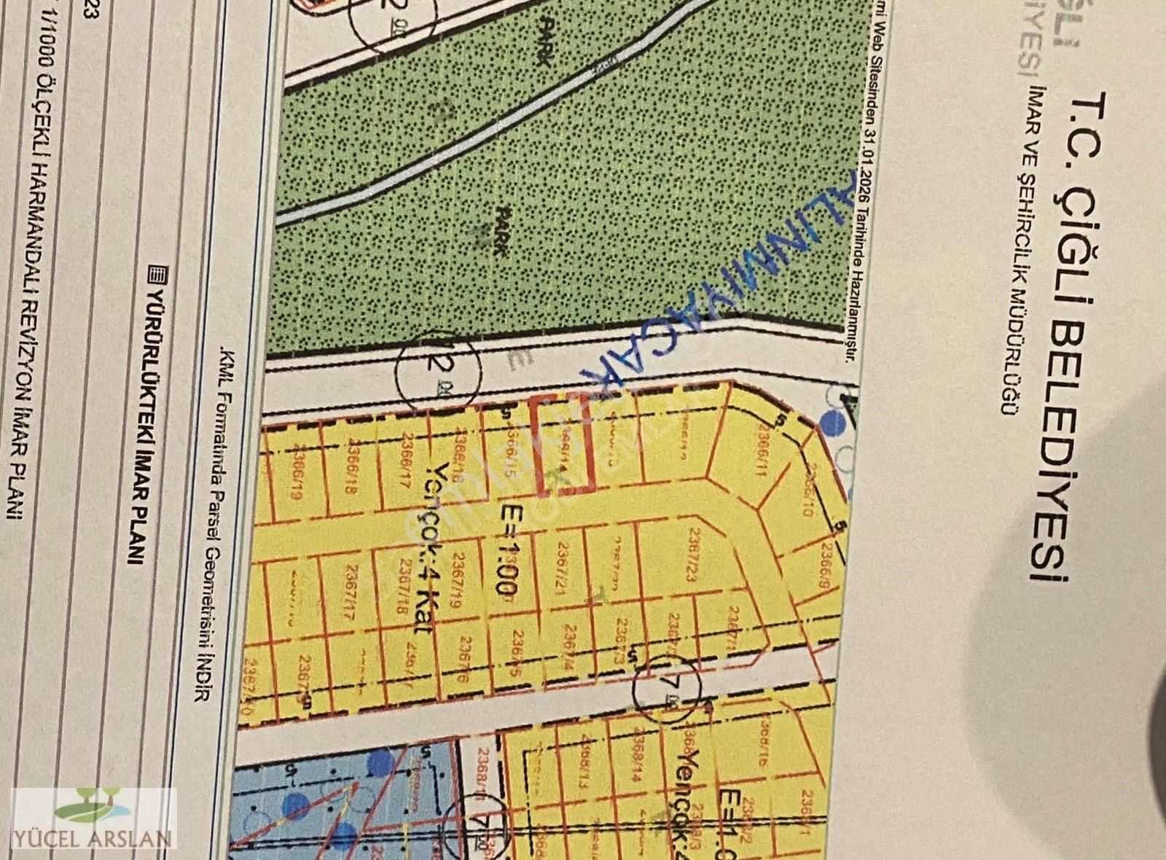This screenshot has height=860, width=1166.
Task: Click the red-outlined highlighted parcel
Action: pos(562,445)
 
